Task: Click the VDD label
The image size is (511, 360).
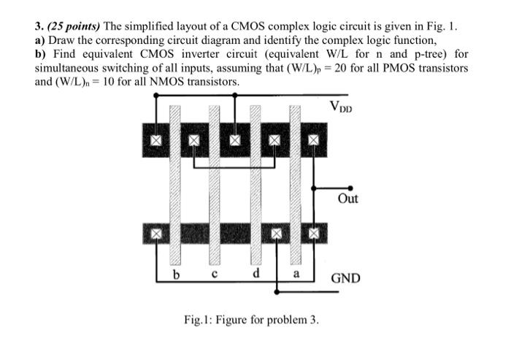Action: pyautogui.click(x=344, y=107)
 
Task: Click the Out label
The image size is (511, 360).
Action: pyautogui.click(x=348, y=199)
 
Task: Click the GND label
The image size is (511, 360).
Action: pyautogui.click(x=345, y=278)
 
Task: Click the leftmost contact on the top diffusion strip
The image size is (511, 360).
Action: pyautogui.click(x=155, y=139)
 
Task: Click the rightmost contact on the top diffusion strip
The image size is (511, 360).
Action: pyautogui.click(x=315, y=139)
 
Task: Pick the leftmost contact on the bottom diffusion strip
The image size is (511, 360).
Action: pyautogui.click(x=155, y=234)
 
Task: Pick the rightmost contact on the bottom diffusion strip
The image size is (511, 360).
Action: pyautogui.click(x=315, y=234)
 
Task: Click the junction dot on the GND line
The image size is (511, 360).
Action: pyautogui.click(x=276, y=292)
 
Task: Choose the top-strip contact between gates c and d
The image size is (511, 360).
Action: pyautogui.click(x=235, y=139)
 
